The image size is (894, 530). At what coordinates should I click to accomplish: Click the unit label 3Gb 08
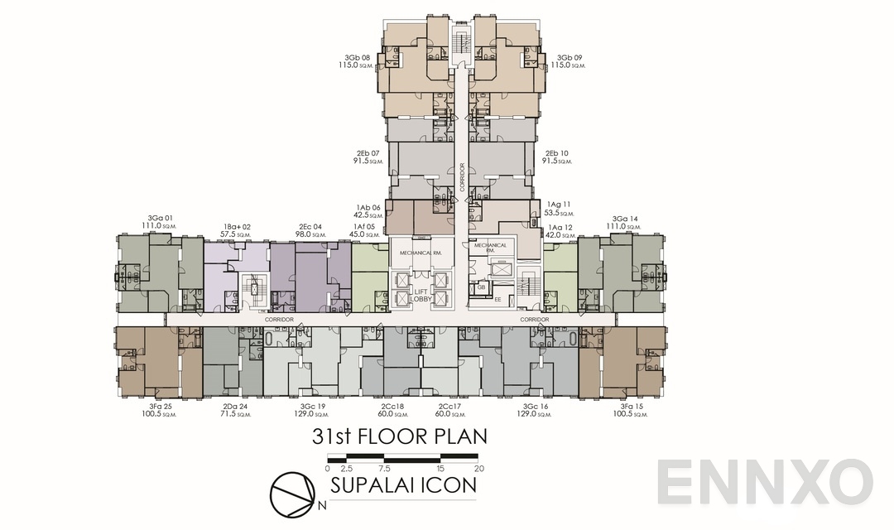pos(357,58)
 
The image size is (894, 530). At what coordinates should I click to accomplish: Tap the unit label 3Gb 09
pos(569,58)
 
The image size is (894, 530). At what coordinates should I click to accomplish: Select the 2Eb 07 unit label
pos(368,153)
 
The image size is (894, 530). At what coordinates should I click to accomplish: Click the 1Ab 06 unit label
pos(368,208)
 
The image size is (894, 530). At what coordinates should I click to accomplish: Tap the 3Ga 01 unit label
pos(160,219)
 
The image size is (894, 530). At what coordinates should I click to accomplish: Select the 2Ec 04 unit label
pos(310,226)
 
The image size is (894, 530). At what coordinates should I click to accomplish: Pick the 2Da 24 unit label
pos(235,407)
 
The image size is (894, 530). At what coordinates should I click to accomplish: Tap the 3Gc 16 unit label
pos(536,407)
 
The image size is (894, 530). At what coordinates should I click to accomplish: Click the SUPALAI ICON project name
pos(403,485)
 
